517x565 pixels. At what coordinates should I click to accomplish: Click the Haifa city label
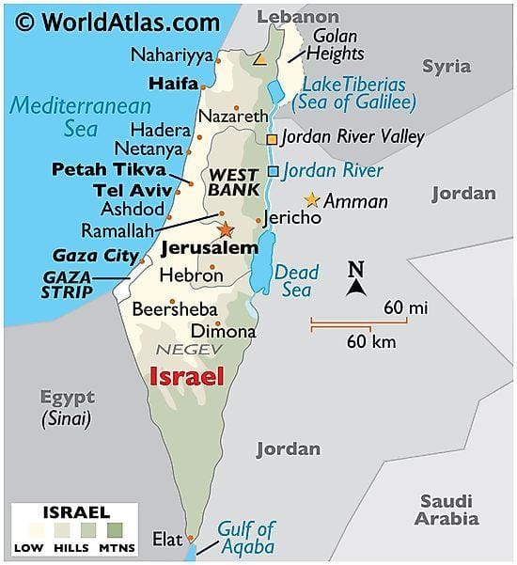pos(178,83)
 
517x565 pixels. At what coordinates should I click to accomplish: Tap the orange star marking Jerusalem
pos(226,229)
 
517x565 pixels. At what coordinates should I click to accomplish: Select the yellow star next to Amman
pos(312,200)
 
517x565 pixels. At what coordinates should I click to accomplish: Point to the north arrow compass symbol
pos(355,279)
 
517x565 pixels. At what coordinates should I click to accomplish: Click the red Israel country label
pos(187,378)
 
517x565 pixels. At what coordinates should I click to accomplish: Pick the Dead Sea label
pos(292,281)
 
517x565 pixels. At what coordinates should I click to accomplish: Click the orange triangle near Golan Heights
pos(260,59)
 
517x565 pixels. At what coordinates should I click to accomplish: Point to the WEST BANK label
pos(233,182)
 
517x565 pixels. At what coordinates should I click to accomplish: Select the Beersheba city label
pos(175,308)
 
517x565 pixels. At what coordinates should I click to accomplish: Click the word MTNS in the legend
pos(117,547)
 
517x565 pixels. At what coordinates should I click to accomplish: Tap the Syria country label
pos(446,66)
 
